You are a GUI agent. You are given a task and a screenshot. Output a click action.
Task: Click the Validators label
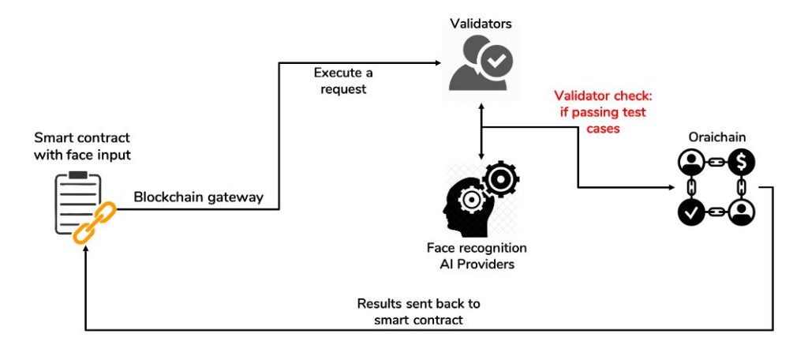pyautogui.click(x=481, y=24)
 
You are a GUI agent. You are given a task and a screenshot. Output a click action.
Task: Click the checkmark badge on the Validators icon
pyautogui.click(x=497, y=59)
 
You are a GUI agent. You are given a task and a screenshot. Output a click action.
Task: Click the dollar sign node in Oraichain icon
pyautogui.click(x=743, y=163)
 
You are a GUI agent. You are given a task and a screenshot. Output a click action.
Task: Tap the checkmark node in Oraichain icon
pyautogui.click(x=690, y=212)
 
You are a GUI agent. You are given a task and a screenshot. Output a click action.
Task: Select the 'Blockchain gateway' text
pyautogui.click(x=198, y=197)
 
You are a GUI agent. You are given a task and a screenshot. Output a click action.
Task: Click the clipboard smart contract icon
pyautogui.click(x=77, y=201)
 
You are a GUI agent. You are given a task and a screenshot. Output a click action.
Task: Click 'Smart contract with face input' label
pyautogui.click(x=82, y=146)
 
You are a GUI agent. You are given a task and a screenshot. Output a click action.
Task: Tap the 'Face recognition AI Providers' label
pyautogui.click(x=477, y=256)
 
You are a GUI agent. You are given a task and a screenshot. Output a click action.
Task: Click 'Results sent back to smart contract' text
pyautogui.click(x=418, y=310)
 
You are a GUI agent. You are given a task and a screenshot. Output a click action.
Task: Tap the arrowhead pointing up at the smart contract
pyautogui.click(x=85, y=245)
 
